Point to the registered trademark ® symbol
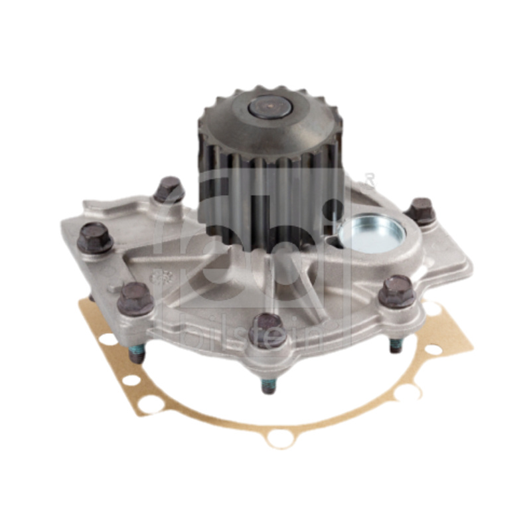[370, 178]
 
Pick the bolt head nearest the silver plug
[420, 210]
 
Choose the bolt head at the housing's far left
[94, 237]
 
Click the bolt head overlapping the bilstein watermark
[268, 330]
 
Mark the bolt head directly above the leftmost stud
[135, 298]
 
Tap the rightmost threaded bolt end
[396, 345]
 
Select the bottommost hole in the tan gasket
[281, 439]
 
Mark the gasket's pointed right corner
[473, 345]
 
